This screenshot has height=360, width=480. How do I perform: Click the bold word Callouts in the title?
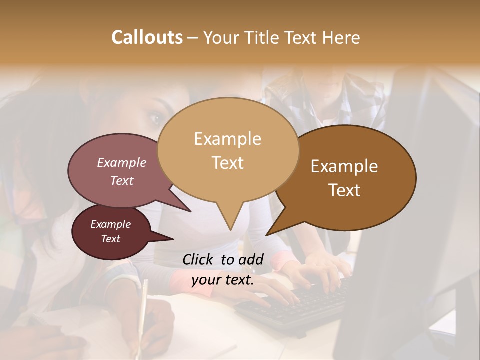[147, 37]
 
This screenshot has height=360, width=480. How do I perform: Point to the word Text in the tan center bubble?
[227, 162]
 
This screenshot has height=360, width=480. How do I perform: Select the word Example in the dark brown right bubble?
[344, 166]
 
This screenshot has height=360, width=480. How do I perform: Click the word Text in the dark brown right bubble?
[344, 190]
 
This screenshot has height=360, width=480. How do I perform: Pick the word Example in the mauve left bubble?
[122, 162]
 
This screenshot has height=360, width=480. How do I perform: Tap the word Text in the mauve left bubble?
[122, 180]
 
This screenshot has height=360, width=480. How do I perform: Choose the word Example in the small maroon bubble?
[110, 224]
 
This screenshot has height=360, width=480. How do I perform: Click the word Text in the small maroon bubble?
[110, 239]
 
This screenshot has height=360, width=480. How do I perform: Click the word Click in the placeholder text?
[199, 259]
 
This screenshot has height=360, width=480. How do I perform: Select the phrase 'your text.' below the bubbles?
[223, 280]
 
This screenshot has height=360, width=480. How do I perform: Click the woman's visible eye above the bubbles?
[155, 118]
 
